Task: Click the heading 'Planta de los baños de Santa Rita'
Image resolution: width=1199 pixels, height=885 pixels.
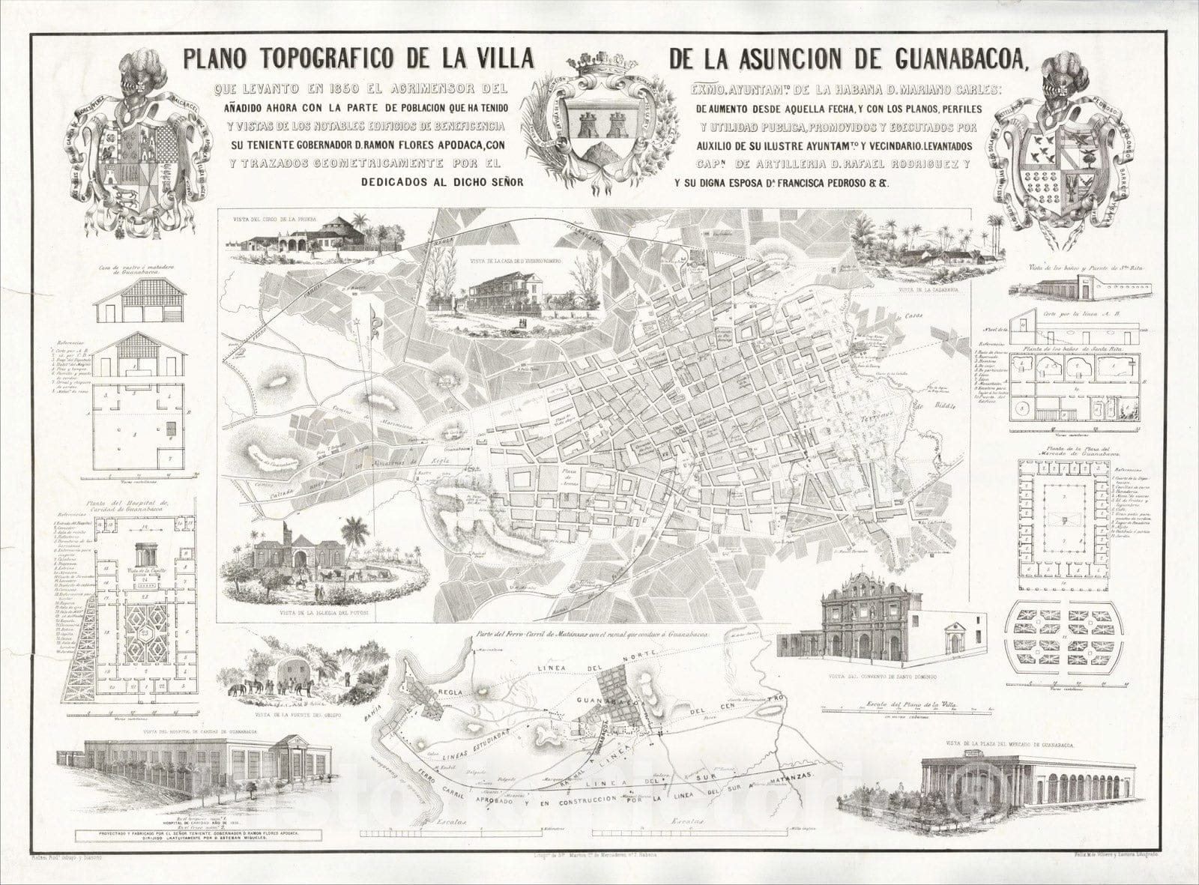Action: pos(1057,350)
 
